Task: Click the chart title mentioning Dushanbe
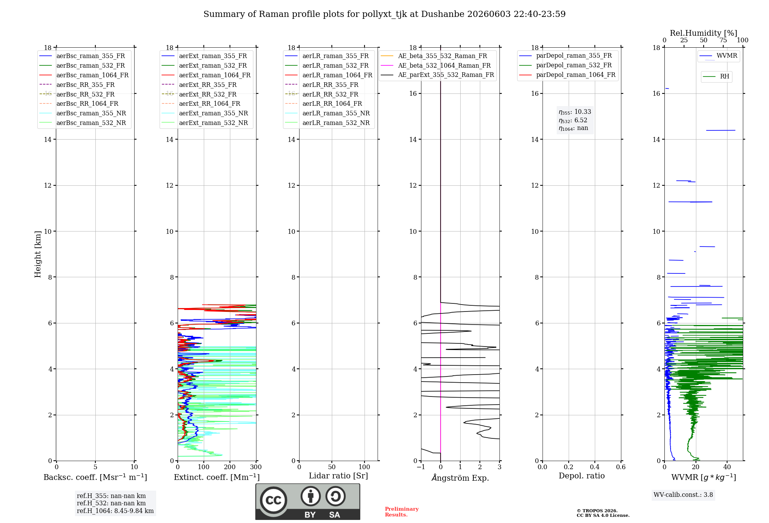click(384, 14)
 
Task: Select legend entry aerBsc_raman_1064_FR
click(92, 75)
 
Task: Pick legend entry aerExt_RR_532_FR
click(208, 94)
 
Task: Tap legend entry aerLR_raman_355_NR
click(336, 113)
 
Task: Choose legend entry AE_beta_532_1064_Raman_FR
click(444, 65)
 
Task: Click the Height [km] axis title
click(38, 254)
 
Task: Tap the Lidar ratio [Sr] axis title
click(338, 476)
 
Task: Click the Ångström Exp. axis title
click(460, 478)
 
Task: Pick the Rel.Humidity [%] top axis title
click(704, 33)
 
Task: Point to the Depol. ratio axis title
click(582, 476)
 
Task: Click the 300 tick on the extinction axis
click(256, 467)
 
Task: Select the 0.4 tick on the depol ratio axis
click(595, 467)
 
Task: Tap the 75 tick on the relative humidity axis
click(723, 40)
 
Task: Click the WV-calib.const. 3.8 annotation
click(683, 495)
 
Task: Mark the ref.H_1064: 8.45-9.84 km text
click(115, 511)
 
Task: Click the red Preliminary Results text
click(402, 512)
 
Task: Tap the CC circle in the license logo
click(273, 500)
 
